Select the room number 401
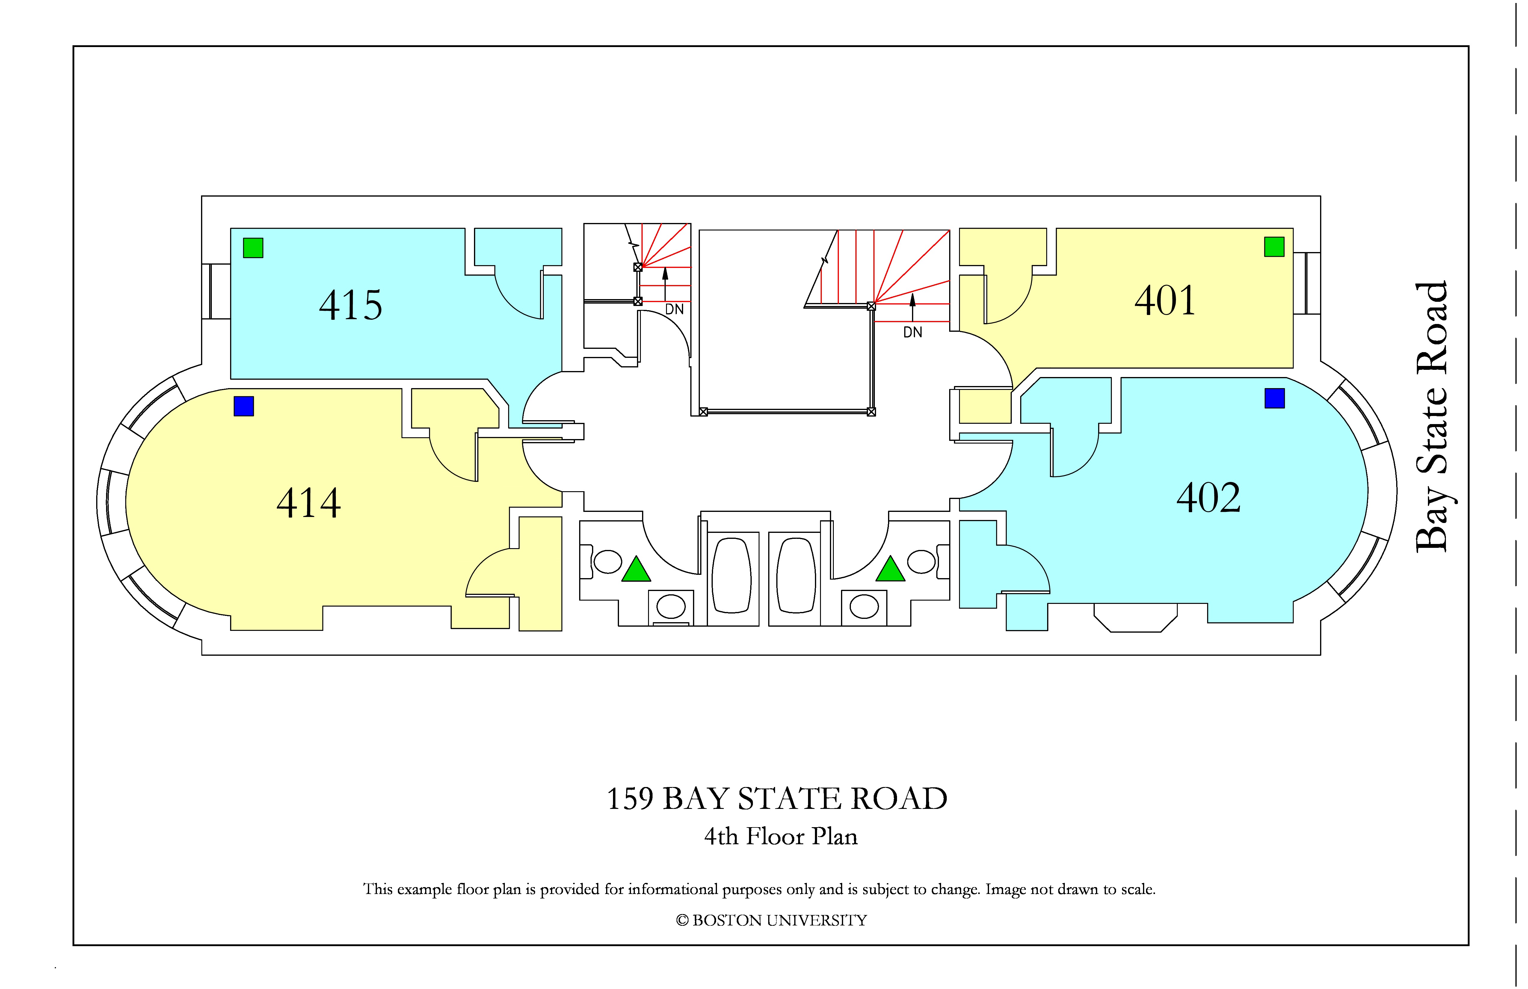[1165, 301]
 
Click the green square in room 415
[253, 248]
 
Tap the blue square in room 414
[244, 406]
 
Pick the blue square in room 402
[1275, 398]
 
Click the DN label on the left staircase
[674, 310]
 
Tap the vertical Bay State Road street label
[1432, 417]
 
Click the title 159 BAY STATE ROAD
[777, 799]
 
